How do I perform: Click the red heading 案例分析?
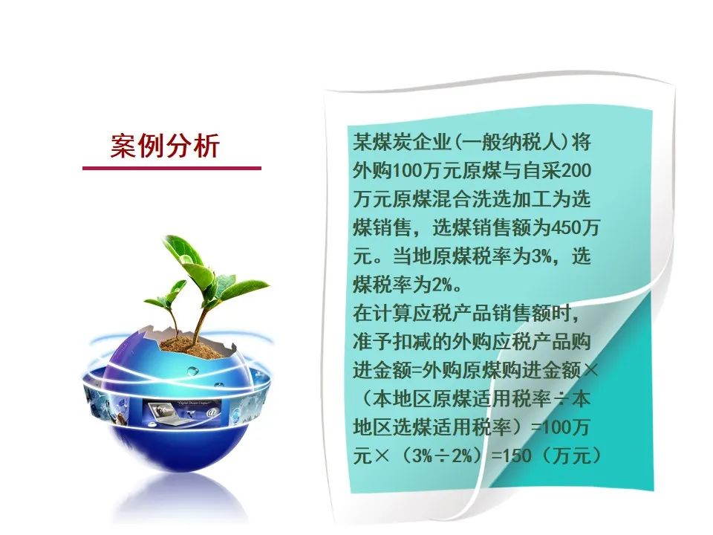(165, 146)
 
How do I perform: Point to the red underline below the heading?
(172, 169)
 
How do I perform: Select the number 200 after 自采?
(576, 171)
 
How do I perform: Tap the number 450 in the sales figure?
(565, 227)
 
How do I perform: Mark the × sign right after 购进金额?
(590, 370)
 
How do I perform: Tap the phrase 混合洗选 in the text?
(472, 199)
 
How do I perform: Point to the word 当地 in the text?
(412, 256)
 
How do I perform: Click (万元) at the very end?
(572, 455)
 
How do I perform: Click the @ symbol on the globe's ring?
(211, 412)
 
